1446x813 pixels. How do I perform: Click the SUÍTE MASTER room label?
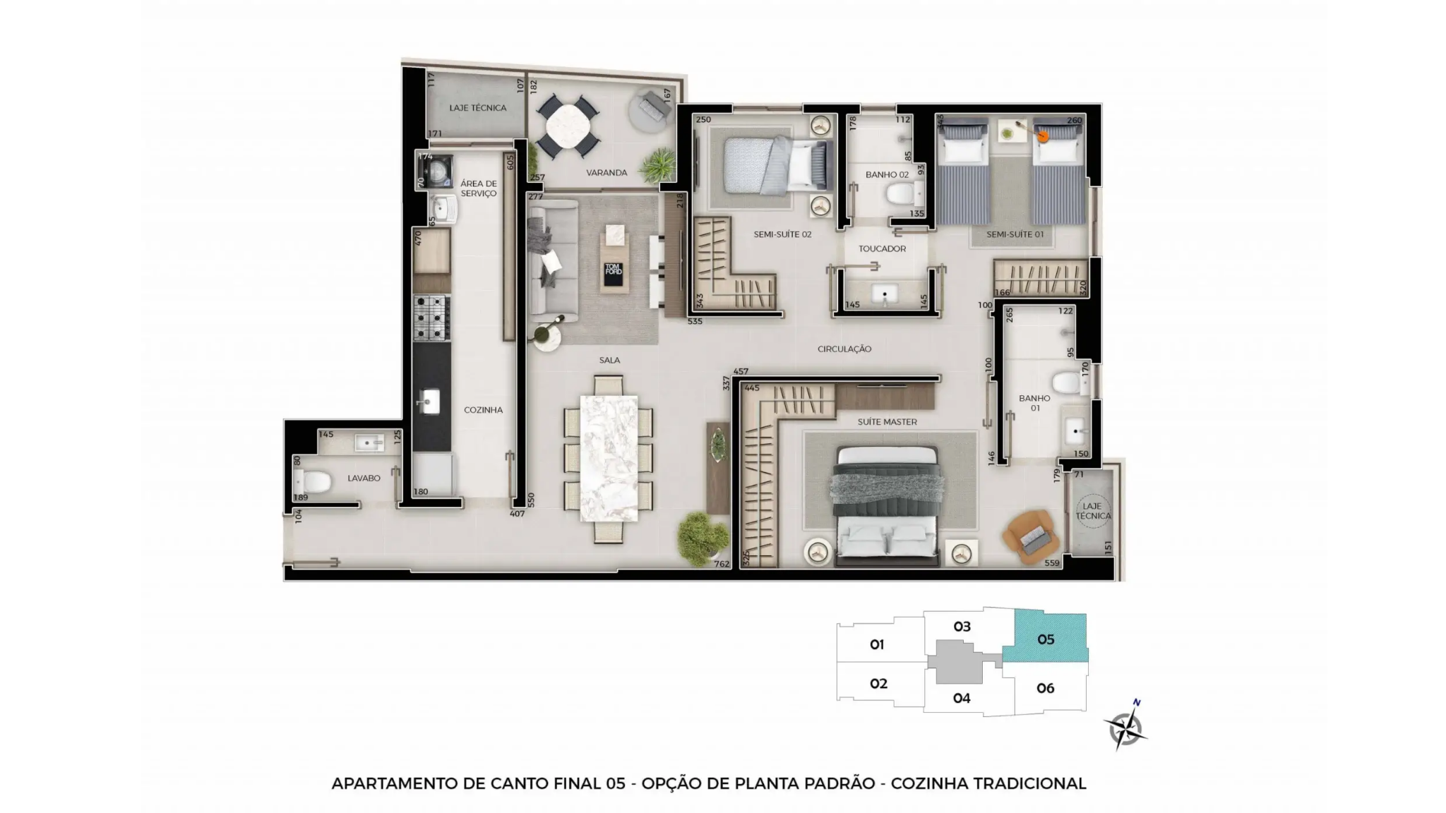point(887,422)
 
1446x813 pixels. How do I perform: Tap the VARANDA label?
point(607,173)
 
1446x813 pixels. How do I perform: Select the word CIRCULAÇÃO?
point(844,349)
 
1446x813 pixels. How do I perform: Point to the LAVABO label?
point(364,478)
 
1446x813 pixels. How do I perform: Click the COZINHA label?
point(483,410)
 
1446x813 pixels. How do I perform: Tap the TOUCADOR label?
point(882,249)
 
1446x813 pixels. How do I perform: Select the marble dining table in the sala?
point(609,459)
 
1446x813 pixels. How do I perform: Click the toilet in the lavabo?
point(313,482)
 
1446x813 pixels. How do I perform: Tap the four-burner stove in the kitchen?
point(431,318)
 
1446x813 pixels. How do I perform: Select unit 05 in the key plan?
point(1046,638)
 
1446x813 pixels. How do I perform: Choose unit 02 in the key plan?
point(878,683)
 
